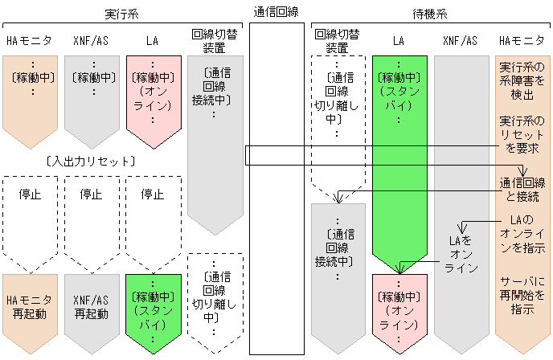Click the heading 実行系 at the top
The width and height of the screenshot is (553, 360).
pos(121,14)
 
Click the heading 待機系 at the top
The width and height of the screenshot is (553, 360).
pos(430,14)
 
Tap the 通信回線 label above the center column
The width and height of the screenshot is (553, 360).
pos(276,11)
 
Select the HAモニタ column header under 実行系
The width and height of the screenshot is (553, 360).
pos(31,39)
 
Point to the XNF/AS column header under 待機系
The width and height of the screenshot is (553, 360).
pos(460,39)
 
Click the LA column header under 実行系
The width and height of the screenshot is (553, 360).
pos(153,39)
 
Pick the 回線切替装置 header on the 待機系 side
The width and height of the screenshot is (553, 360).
pos(337,40)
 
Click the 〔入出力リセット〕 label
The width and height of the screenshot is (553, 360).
pos(91,162)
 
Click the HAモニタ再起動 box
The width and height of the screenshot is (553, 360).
pos(31,307)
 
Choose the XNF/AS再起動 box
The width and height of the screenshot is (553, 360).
pos(92,307)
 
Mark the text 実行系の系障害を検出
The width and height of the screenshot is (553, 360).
pos(522,81)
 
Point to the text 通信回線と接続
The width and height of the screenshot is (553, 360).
pos(522,190)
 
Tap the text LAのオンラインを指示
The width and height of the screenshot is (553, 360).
pos(522,234)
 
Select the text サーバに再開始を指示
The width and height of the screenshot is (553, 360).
pos(522,297)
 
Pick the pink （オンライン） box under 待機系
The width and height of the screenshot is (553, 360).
pos(399,309)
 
